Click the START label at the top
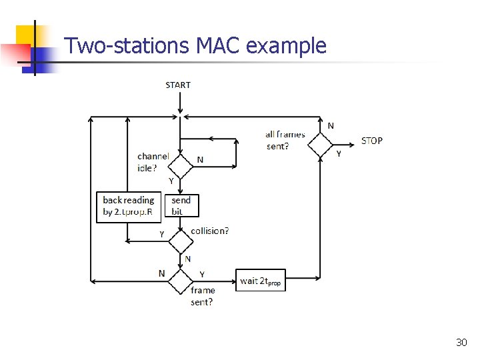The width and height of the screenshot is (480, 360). pos(178,85)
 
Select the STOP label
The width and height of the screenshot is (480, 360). pos(372,141)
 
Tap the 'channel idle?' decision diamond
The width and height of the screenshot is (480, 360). pos(180,166)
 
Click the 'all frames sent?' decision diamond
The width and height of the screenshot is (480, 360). pos(320,144)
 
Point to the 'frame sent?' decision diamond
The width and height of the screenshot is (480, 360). pos(180,281)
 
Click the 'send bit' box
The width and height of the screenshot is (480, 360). pos(181,205)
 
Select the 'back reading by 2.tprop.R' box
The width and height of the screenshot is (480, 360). pos(129,206)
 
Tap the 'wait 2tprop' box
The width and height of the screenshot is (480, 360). pos(261,281)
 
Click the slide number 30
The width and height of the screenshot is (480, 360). pos(461,342)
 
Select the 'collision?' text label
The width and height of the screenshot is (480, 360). pos(209,231)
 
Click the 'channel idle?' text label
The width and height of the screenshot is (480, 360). pos(153,162)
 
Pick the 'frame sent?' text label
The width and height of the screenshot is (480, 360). pos(202,295)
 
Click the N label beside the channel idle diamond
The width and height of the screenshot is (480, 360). pos(200,160)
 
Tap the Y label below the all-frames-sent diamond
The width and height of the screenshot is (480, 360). pos(338,153)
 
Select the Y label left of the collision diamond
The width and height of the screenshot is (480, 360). pos(161,234)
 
